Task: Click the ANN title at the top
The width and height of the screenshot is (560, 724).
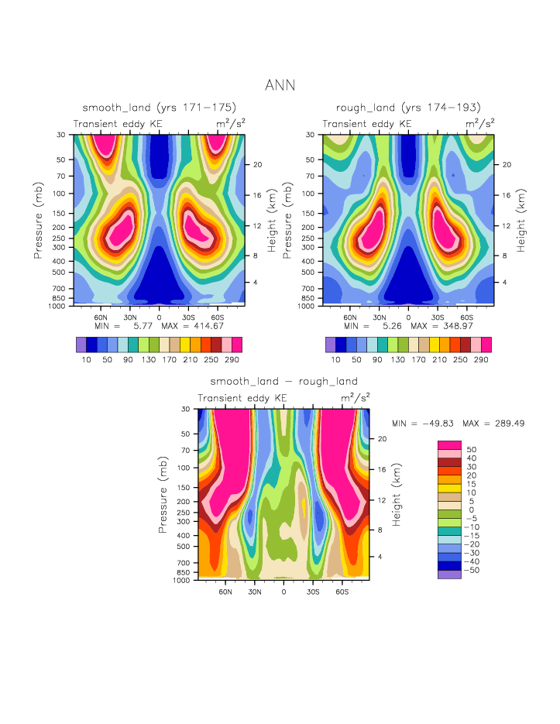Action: click(280, 84)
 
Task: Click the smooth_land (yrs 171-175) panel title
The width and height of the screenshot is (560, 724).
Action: click(159, 107)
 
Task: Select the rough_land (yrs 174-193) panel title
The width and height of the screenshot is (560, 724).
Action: click(408, 107)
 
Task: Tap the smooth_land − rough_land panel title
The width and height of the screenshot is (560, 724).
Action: click(283, 381)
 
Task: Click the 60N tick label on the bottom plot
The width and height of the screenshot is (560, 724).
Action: click(225, 591)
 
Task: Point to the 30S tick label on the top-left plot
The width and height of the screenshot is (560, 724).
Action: click(188, 317)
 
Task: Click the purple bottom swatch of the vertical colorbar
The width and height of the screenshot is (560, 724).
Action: click(449, 575)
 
